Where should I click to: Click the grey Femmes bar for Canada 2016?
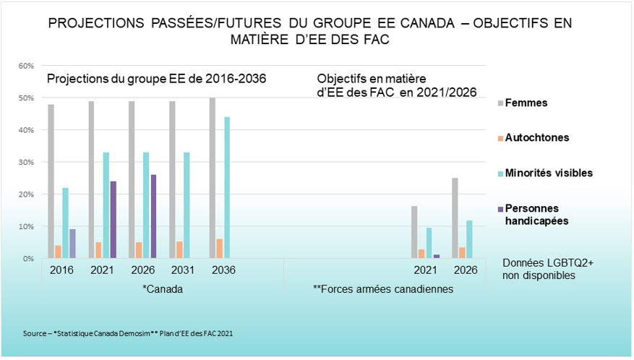tap(51, 181)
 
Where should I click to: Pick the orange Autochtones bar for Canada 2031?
tap(179, 249)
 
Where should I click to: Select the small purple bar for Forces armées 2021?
tap(437, 256)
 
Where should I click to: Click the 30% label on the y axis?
tap(26, 162)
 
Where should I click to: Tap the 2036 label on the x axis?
tap(221, 270)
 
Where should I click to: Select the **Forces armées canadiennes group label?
tap(383, 289)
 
